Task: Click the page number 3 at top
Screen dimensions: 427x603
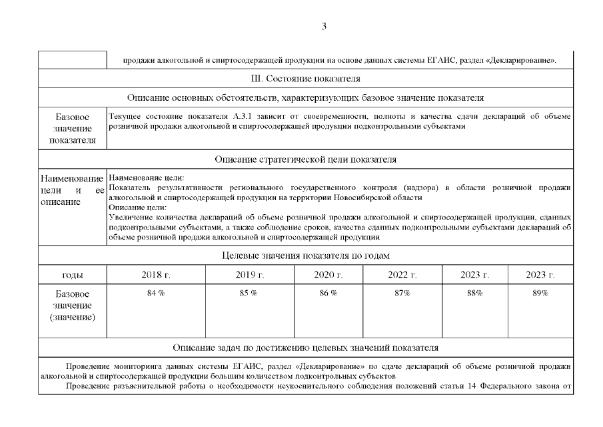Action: point(324,27)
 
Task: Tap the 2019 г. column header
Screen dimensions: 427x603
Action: point(249,275)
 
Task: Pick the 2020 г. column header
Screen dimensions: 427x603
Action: point(328,275)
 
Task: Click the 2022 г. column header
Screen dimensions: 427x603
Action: point(402,275)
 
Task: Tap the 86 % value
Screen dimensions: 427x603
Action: point(328,294)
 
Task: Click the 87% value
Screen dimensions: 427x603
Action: point(402,294)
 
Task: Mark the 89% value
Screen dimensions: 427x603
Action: point(540,294)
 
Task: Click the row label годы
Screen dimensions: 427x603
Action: point(72,275)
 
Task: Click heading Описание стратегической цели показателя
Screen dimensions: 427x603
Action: point(306,160)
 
